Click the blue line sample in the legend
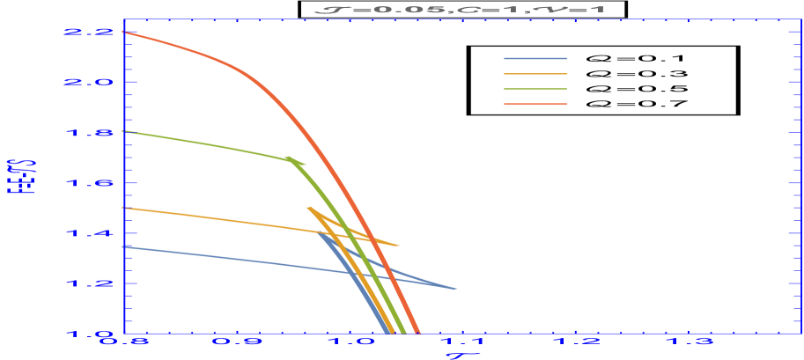tap(535, 59)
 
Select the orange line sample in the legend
tap(535, 74)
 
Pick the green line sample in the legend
tap(535, 89)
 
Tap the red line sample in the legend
tap(535, 104)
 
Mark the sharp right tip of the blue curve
tap(457, 289)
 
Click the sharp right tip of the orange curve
tap(399, 246)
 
